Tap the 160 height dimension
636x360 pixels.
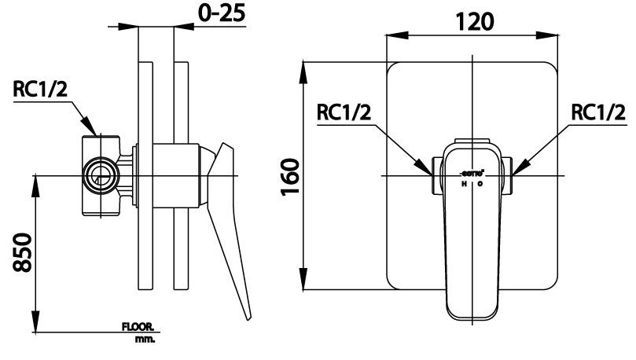click(x=291, y=179)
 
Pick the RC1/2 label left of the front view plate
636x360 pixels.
click(x=344, y=113)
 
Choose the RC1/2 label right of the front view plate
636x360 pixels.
click(x=598, y=113)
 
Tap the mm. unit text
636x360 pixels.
click(x=145, y=340)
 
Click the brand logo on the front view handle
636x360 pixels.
click(x=472, y=171)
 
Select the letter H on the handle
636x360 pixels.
click(x=463, y=184)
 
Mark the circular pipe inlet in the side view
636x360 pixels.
click(x=100, y=174)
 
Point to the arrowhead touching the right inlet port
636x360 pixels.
click(x=517, y=168)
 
